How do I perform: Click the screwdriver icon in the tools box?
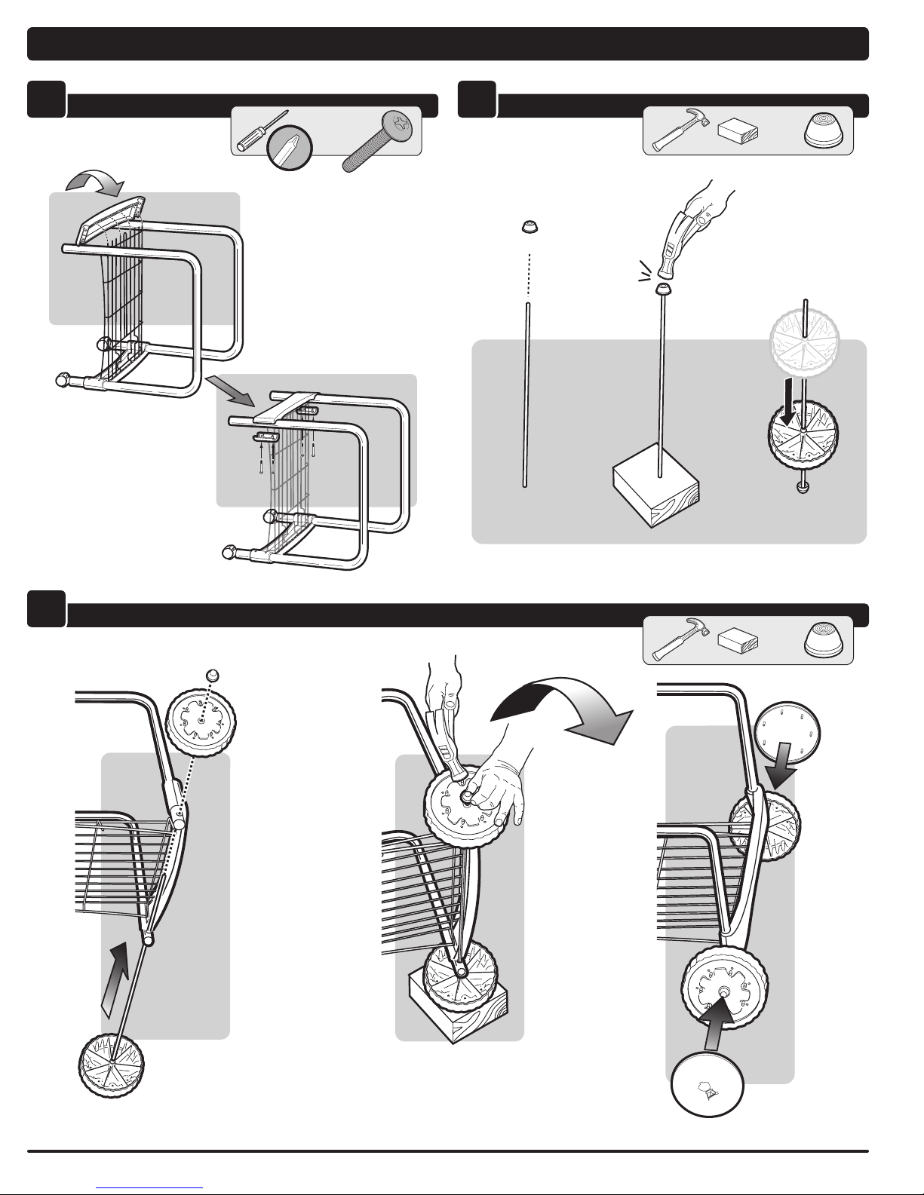pyautogui.click(x=253, y=133)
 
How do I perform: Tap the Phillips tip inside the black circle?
pyautogui.click(x=287, y=149)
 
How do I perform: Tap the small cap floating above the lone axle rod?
pyautogui.click(x=529, y=225)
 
